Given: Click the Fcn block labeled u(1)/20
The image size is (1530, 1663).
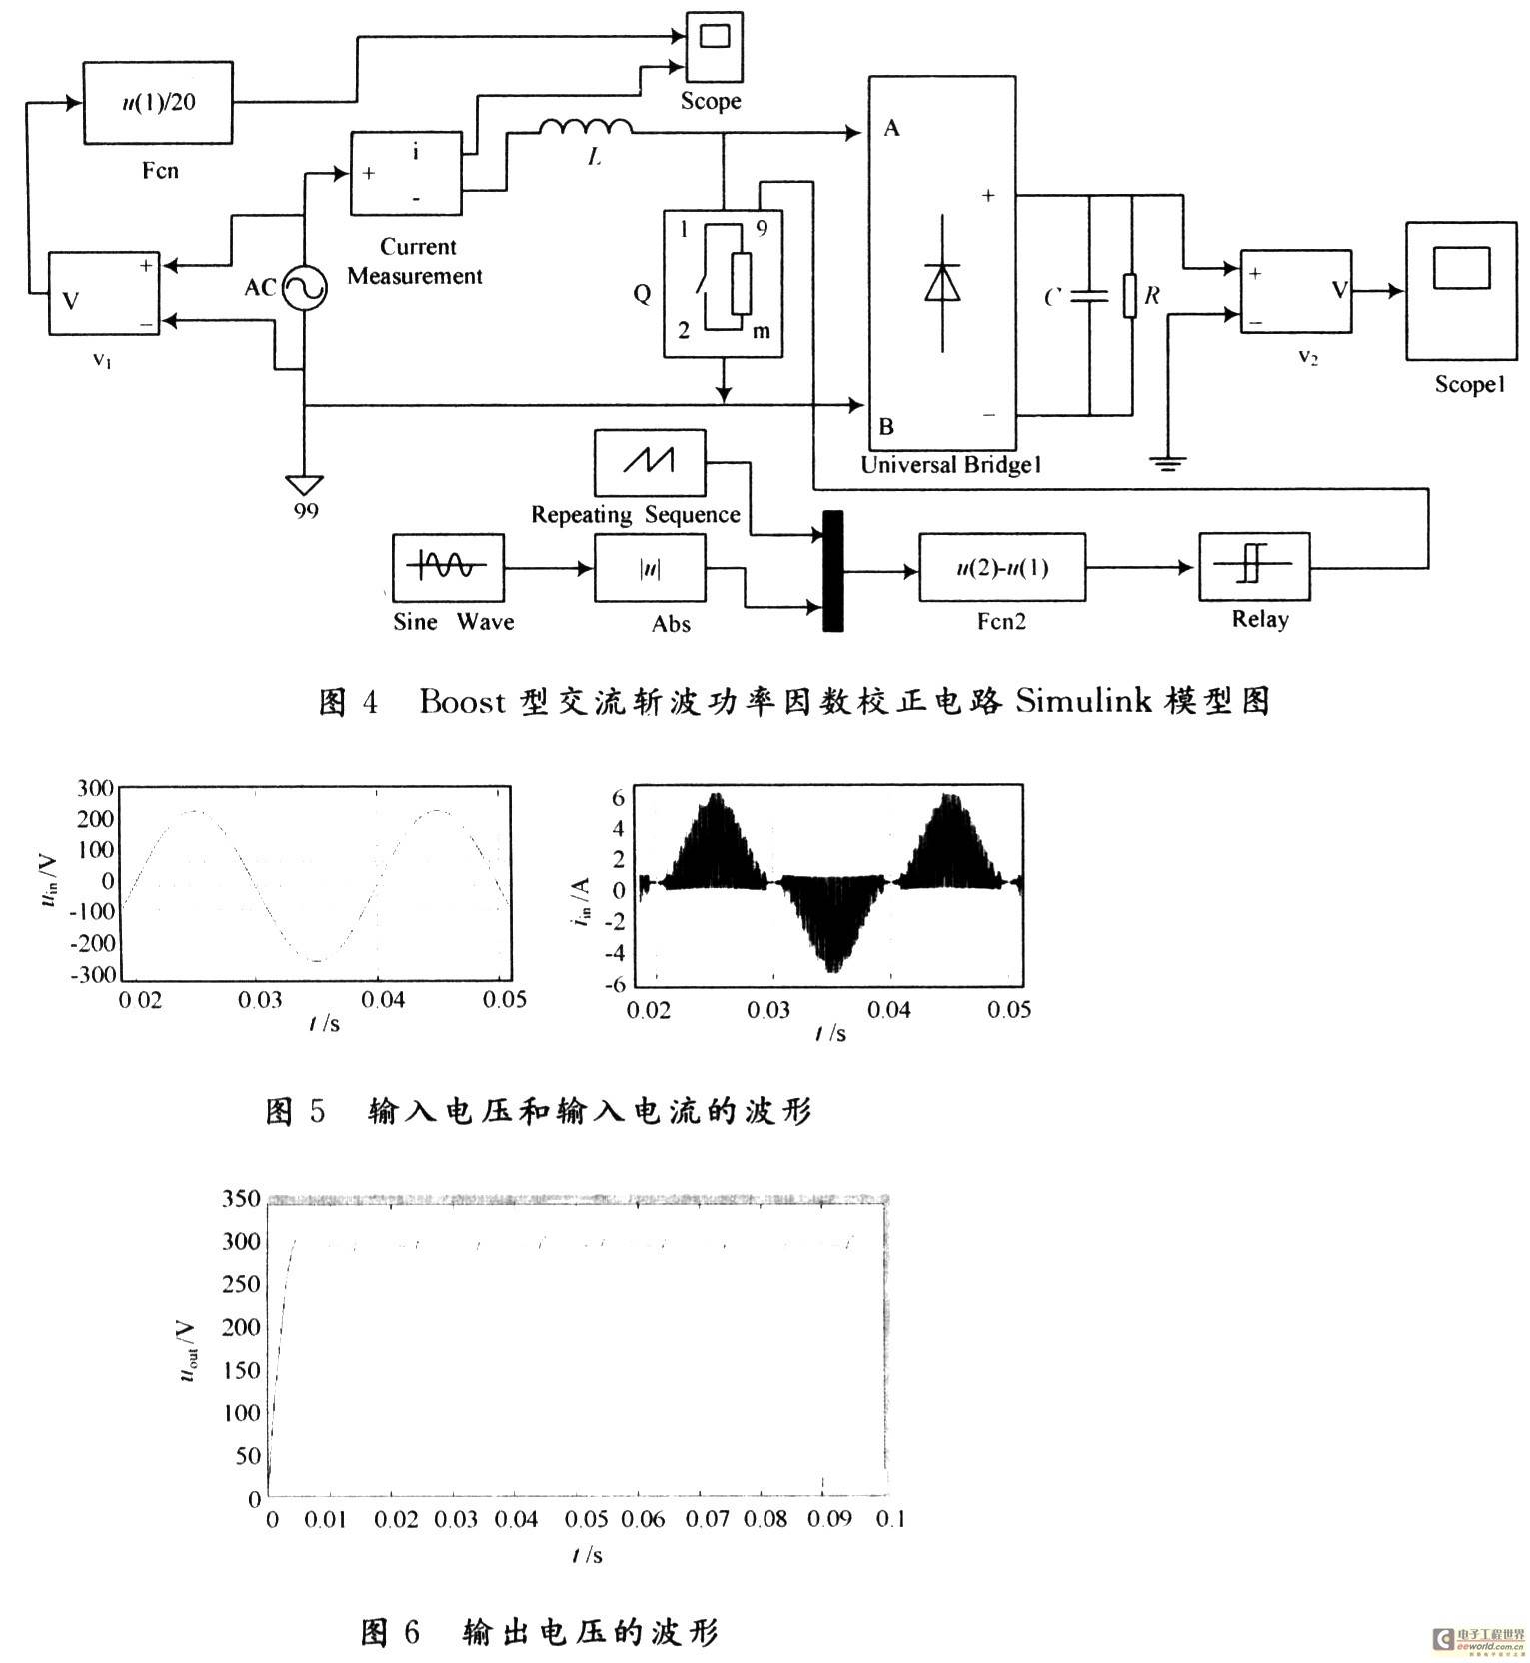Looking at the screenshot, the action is pos(158,102).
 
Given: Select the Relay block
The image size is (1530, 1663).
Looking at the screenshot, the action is pos(1254,567).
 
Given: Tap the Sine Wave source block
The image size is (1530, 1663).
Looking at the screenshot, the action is pos(448,568).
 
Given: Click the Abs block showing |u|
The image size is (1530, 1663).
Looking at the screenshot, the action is pos(650,568).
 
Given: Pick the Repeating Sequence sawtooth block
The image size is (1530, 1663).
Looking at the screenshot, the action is pos(650,463).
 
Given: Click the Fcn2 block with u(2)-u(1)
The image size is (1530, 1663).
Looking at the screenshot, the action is pos(1002,568).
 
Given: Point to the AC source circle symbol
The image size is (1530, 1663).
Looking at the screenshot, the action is pos(304,289).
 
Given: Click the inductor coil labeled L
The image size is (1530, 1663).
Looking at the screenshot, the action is pos(586,127).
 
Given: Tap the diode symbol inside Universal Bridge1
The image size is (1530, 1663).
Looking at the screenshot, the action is pos(942,282).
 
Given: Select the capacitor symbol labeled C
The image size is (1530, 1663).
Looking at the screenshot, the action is pos(1088,297).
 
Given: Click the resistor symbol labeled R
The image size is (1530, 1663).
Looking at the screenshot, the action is pos(1130,296).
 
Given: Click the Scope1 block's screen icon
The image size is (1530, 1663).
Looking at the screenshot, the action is pos(1462,266).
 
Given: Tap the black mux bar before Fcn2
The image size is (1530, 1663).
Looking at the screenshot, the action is pos(832,571).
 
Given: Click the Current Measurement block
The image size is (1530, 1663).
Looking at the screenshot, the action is pos(406,173).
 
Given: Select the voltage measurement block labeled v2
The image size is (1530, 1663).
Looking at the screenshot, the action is pos(1296,292).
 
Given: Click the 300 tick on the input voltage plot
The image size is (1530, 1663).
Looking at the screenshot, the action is pos(95,787).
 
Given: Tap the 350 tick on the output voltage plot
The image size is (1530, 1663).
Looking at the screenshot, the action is pos(241,1198).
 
